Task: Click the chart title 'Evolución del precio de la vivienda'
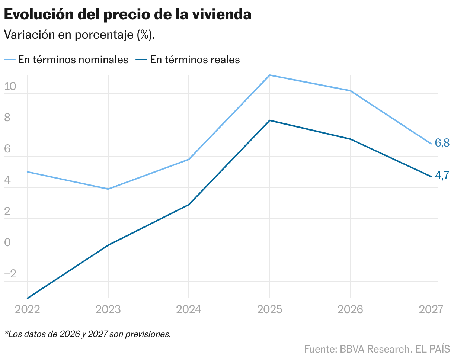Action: (x=127, y=15)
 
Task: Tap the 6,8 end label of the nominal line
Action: (x=442, y=142)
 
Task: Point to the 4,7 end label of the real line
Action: (x=442, y=176)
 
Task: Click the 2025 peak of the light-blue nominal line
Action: (x=270, y=75)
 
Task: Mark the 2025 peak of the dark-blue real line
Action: (x=270, y=120)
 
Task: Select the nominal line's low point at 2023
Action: (x=108, y=189)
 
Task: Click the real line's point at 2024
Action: (x=189, y=205)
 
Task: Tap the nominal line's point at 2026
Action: (x=350, y=91)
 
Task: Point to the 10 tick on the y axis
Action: (x=10, y=87)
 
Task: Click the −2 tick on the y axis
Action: (x=10, y=274)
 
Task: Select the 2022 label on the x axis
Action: (x=27, y=309)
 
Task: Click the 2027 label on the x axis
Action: (x=431, y=309)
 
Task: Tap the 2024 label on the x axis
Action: (x=189, y=309)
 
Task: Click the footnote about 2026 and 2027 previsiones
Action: (x=88, y=334)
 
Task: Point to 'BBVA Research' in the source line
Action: (x=373, y=350)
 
